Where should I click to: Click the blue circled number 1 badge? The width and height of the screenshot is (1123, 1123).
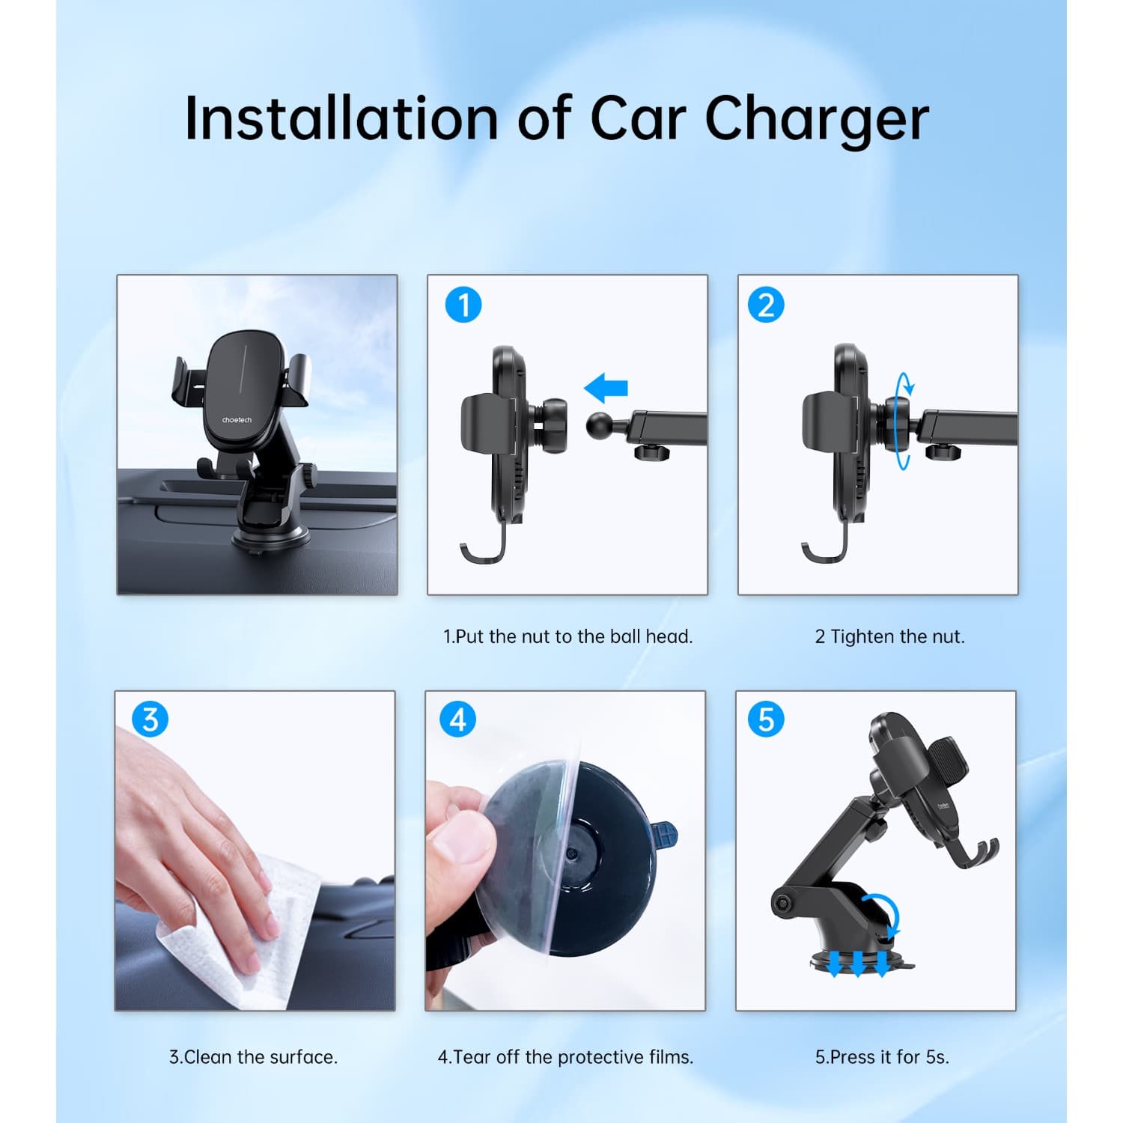click(x=463, y=305)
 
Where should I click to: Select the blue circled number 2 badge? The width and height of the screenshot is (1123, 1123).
click(x=766, y=305)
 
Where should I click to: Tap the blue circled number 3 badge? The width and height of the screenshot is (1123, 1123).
click(x=150, y=719)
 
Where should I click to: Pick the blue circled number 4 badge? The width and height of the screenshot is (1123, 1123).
click(x=458, y=719)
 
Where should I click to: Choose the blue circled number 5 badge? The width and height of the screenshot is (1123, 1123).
click(x=766, y=719)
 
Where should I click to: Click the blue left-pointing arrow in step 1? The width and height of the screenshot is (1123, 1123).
click(x=606, y=389)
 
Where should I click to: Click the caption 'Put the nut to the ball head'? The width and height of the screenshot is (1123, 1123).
click(x=567, y=636)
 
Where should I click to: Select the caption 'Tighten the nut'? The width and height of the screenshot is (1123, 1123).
click(x=889, y=636)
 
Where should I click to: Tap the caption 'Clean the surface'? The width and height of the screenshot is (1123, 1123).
click(x=253, y=1057)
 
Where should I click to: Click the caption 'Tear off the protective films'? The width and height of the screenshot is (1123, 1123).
click(x=565, y=1057)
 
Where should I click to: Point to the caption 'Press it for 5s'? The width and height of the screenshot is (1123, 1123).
click(x=882, y=1057)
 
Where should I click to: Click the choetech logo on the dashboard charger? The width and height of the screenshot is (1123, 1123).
click(x=237, y=420)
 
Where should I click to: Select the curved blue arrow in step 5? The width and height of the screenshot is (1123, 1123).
click(x=883, y=913)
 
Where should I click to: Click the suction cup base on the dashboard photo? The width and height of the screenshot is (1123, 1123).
click(x=270, y=538)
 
